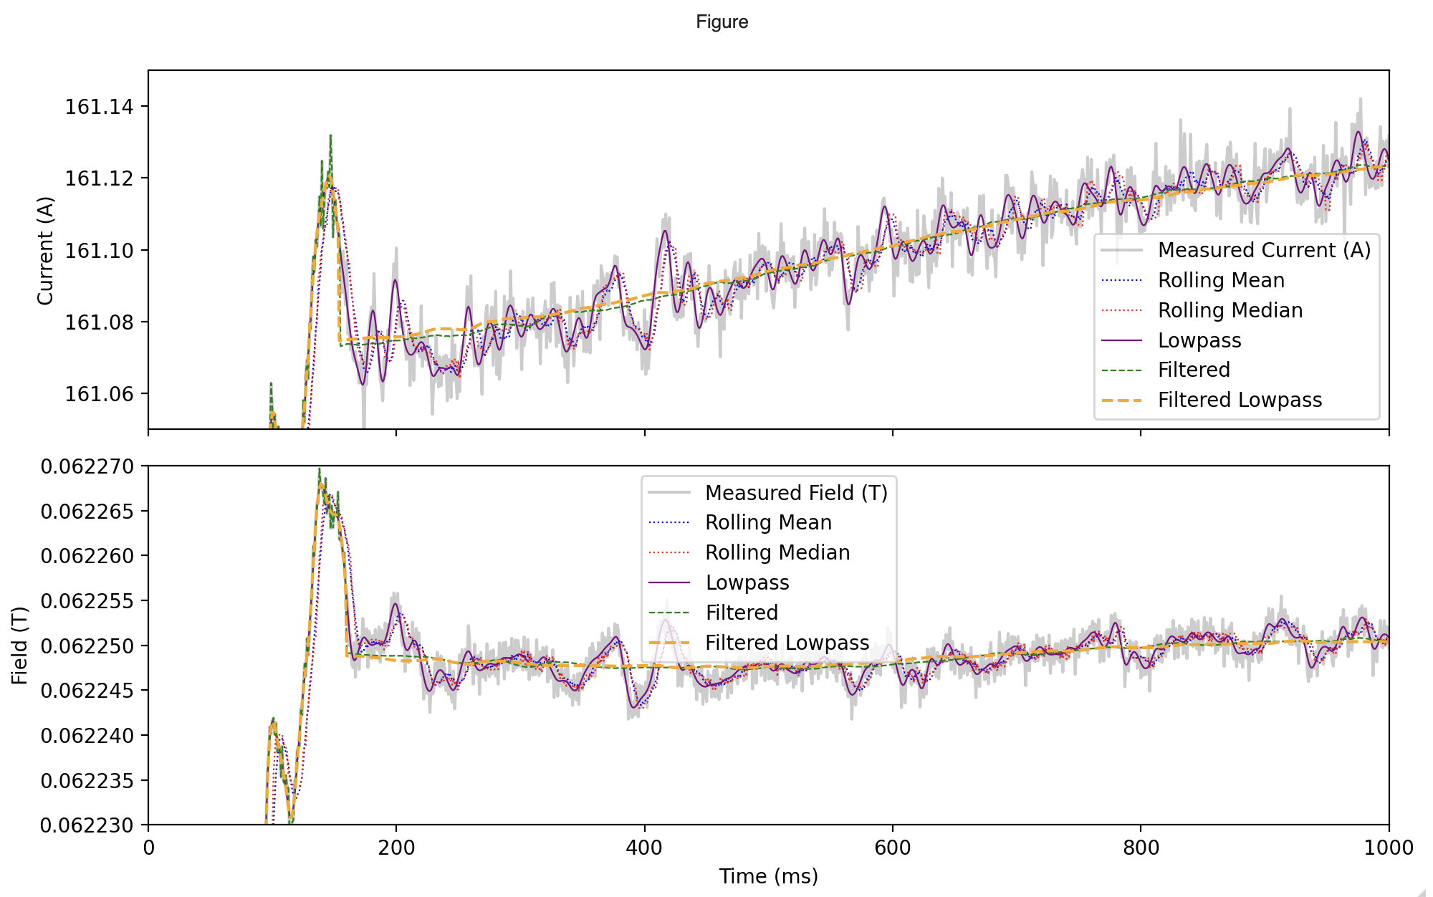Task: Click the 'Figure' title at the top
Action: click(722, 22)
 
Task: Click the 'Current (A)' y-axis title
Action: click(45, 250)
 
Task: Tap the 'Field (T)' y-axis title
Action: click(19, 646)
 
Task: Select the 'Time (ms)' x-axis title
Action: click(768, 876)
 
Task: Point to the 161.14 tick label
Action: click(99, 107)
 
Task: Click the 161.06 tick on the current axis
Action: click(99, 394)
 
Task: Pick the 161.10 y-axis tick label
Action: click(99, 251)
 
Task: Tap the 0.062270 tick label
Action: click(87, 466)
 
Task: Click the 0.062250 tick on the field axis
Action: click(87, 646)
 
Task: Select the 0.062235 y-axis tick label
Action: click(87, 781)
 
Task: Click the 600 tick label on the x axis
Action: click(892, 848)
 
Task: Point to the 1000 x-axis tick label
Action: click(1389, 848)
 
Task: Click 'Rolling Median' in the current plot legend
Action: click(1230, 310)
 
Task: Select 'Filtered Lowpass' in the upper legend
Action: click(1240, 400)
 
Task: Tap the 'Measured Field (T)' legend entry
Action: click(796, 493)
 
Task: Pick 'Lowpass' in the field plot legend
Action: click(747, 582)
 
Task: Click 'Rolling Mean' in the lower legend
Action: click(768, 522)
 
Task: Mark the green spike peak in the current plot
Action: click(330, 135)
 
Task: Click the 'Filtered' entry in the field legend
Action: click(741, 613)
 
